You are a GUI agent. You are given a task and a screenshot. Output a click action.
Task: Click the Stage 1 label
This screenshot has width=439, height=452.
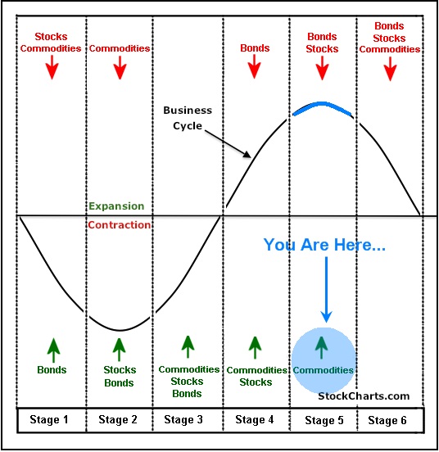49,420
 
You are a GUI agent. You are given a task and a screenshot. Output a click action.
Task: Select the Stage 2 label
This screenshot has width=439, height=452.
118,420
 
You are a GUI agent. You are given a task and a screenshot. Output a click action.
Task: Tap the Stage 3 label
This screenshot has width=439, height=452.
183,420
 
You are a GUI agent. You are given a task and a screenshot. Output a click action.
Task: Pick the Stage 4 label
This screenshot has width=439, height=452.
255,420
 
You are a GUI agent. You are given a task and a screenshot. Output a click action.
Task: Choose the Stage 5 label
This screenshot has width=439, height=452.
324,420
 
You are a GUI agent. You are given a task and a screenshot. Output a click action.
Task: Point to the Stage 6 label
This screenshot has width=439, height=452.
387,420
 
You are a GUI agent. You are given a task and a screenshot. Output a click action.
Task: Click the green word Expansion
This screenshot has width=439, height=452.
116,206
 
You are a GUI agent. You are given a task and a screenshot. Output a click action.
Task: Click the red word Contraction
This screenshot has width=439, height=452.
120,225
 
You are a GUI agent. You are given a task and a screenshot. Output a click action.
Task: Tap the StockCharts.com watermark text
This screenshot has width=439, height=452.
364,396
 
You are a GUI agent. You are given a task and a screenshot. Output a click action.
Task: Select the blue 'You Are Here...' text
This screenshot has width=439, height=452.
324,245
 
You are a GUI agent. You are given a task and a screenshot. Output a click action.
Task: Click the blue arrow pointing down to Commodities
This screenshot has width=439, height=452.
326,289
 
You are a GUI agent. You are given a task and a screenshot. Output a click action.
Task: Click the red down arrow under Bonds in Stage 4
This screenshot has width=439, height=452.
254,66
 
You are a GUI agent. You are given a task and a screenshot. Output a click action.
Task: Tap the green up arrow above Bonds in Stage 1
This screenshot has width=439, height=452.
53,350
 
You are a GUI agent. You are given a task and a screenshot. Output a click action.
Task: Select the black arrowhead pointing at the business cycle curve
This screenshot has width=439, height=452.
247,154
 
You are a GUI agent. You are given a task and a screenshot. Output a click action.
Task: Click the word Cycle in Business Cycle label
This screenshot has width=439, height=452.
188,126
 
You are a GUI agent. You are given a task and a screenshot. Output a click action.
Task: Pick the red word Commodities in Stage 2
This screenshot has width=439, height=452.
120,48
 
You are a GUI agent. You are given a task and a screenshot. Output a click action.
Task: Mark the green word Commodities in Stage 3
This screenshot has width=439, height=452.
189,369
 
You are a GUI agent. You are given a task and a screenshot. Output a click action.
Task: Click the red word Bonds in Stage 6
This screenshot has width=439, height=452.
389,26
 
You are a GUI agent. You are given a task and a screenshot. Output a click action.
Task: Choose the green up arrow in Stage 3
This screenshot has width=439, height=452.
188,347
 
